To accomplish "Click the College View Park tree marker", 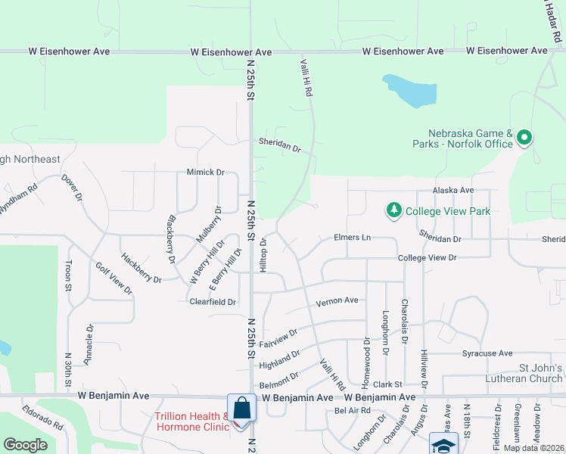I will [393, 210].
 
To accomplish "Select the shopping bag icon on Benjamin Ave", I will [241, 407].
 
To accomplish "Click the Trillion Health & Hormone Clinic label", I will [191, 421].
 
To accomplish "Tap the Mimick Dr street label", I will [206, 173].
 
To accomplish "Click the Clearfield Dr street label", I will [213, 301].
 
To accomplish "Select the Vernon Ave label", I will [337, 300].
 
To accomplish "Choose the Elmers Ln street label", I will [353, 238].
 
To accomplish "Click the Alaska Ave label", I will [452, 191].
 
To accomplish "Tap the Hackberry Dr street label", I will [141, 268].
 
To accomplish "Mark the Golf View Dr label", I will [114, 278].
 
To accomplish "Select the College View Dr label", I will [428, 258].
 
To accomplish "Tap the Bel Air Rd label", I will [352, 411].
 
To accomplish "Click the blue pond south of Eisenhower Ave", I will [412, 90].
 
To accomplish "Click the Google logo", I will [25, 445].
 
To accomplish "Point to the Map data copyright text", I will [533, 448].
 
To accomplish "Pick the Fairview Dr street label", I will [278, 338].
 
